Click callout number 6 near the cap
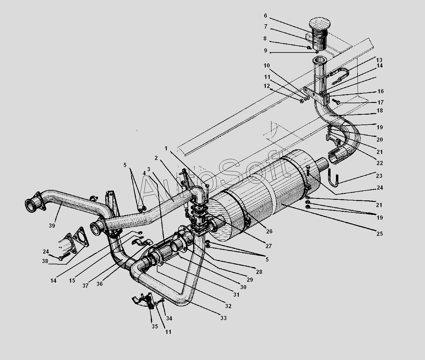coord(265,16)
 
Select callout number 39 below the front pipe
coord(52,226)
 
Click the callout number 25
coord(379,234)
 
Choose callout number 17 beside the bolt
coord(381,102)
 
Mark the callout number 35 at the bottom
coord(154,326)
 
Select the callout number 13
coord(380,60)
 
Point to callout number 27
coord(268,246)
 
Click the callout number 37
coord(85,286)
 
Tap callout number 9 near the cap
coord(265,51)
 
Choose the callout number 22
coord(379,163)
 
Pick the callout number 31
coord(236,295)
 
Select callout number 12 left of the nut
coord(267,86)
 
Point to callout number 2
coord(156,158)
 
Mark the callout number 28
coord(259,272)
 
